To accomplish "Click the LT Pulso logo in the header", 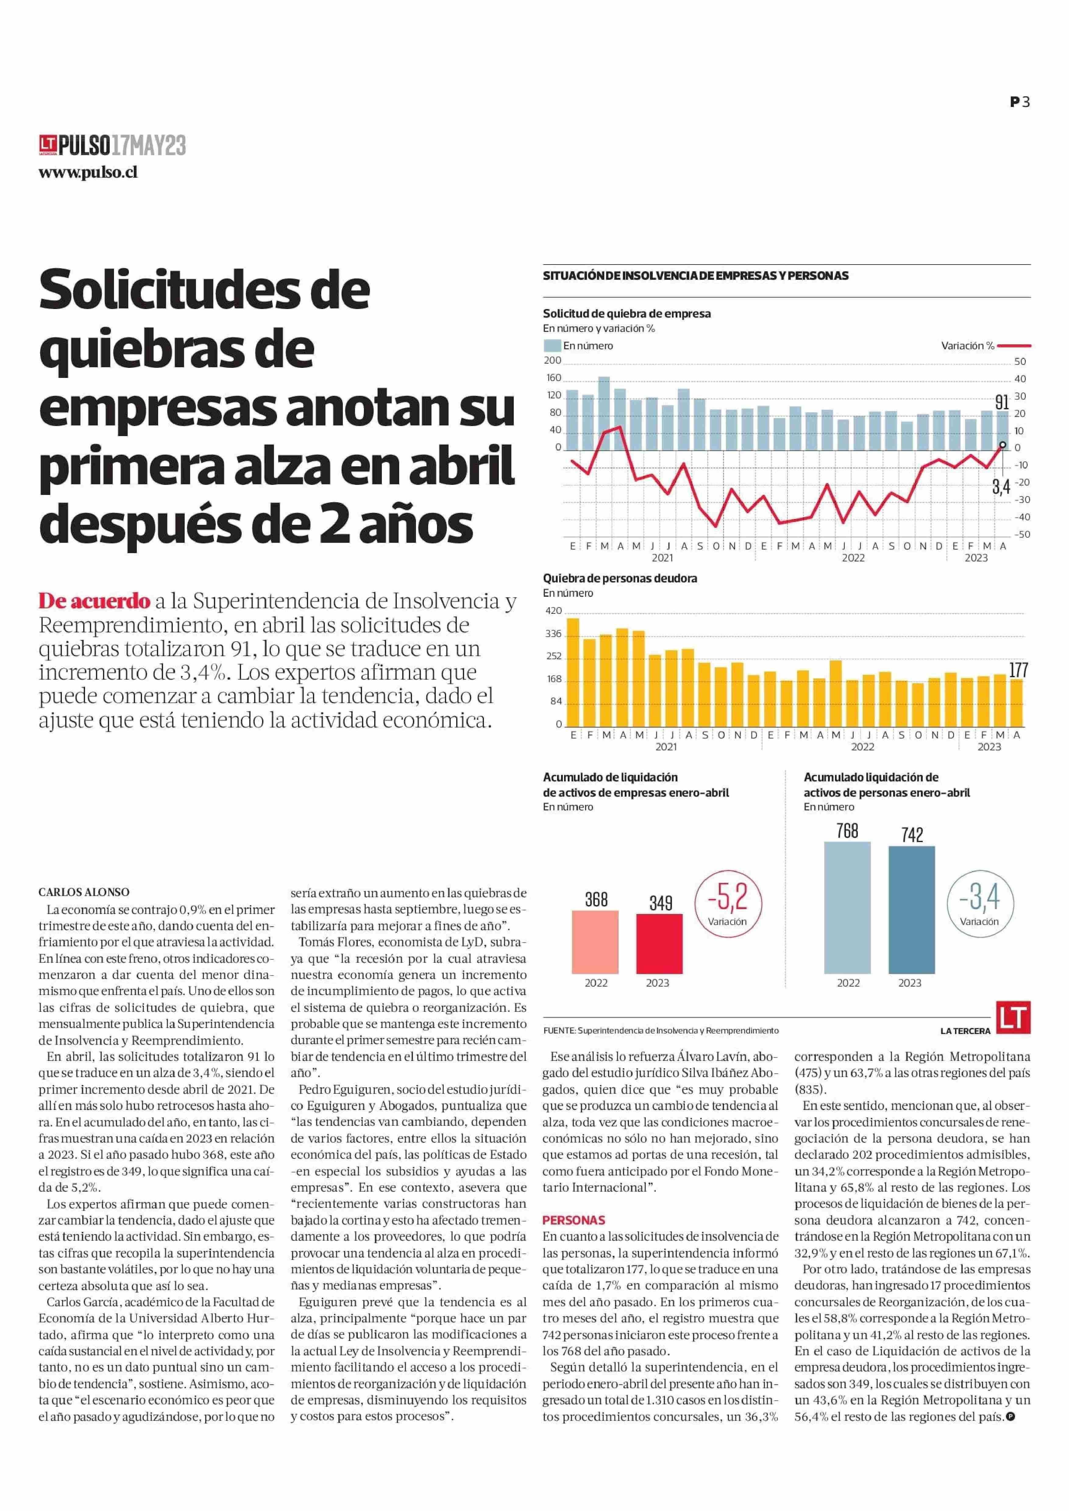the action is click(x=112, y=145).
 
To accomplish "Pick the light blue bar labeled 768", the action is click(x=847, y=907).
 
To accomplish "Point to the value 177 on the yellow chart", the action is click(x=1018, y=670).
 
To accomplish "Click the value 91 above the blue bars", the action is click(x=1002, y=402).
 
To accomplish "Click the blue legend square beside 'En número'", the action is click(x=552, y=346).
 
